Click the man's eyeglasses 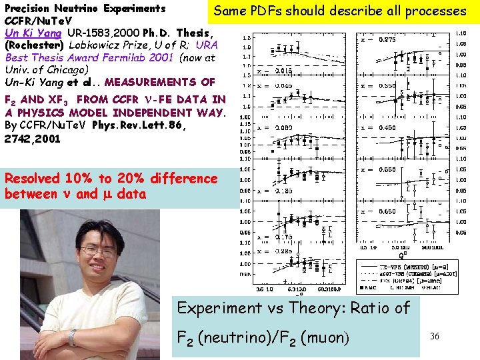[97, 251]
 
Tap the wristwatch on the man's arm [72, 337]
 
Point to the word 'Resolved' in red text [33, 179]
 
